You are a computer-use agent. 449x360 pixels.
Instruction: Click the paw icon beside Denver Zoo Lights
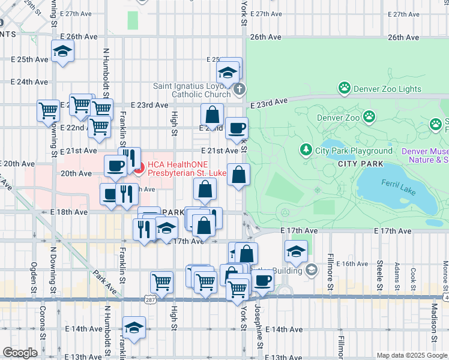345,89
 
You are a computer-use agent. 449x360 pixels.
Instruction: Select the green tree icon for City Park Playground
306,150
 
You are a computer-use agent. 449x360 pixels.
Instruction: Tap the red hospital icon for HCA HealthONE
137,169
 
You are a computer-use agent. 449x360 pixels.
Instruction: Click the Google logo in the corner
20,353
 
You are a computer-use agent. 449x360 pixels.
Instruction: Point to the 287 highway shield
150,298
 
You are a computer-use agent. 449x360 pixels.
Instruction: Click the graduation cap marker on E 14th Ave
134,328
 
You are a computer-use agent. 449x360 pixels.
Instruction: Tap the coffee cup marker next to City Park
237,128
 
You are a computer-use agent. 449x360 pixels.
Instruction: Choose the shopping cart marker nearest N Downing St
48,110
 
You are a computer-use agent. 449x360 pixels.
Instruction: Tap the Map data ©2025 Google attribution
411,355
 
